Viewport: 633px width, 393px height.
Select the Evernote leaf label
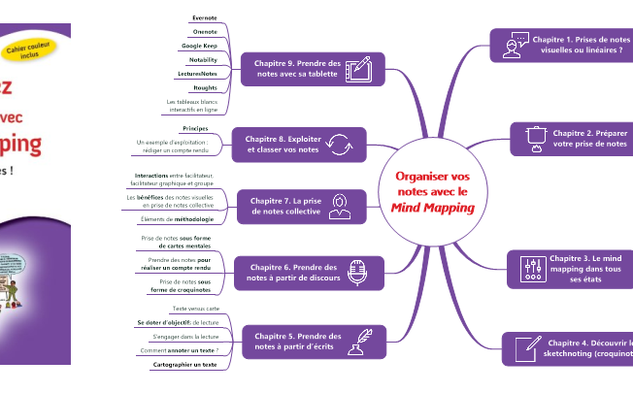coord(204,18)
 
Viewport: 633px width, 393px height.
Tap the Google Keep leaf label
coord(199,46)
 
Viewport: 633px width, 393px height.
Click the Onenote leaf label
coord(204,32)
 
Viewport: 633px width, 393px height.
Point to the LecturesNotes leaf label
coord(197,74)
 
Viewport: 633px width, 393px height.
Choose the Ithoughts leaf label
coord(205,87)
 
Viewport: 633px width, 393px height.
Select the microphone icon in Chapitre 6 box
coord(356,273)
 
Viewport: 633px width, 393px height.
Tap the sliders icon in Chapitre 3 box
coord(531,269)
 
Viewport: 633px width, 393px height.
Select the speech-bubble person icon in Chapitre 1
coord(515,45)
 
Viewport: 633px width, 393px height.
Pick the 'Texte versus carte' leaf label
coord(195,308)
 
